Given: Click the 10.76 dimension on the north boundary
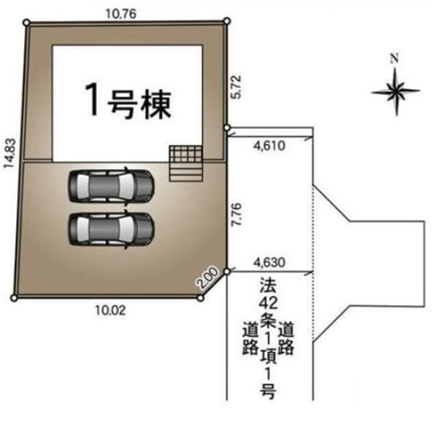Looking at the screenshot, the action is tap(121, 14).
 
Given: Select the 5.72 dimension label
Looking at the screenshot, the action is tap(236, 87).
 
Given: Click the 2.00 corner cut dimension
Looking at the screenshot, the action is tap(207, 278).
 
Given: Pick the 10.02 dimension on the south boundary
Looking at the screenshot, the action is tap(111, 310).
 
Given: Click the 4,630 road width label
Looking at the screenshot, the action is tap(269, 262).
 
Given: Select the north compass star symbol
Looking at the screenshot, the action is tap(396, 91).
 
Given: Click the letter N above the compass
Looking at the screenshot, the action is tap(394, 58).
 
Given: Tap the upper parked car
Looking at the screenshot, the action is tap(111, 185).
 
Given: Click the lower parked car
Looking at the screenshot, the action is tap(111, 229).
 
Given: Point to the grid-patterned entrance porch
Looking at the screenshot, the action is tap(185, 154).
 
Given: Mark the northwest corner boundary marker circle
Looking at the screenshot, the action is tap(27, 23).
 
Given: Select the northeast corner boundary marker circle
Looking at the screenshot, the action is tap(227, 20).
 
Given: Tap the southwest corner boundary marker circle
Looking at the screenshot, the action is tap(14, 298).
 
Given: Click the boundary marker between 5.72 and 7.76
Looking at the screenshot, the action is tap(227, 128).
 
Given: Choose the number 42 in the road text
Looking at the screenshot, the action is tap(268, 303).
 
